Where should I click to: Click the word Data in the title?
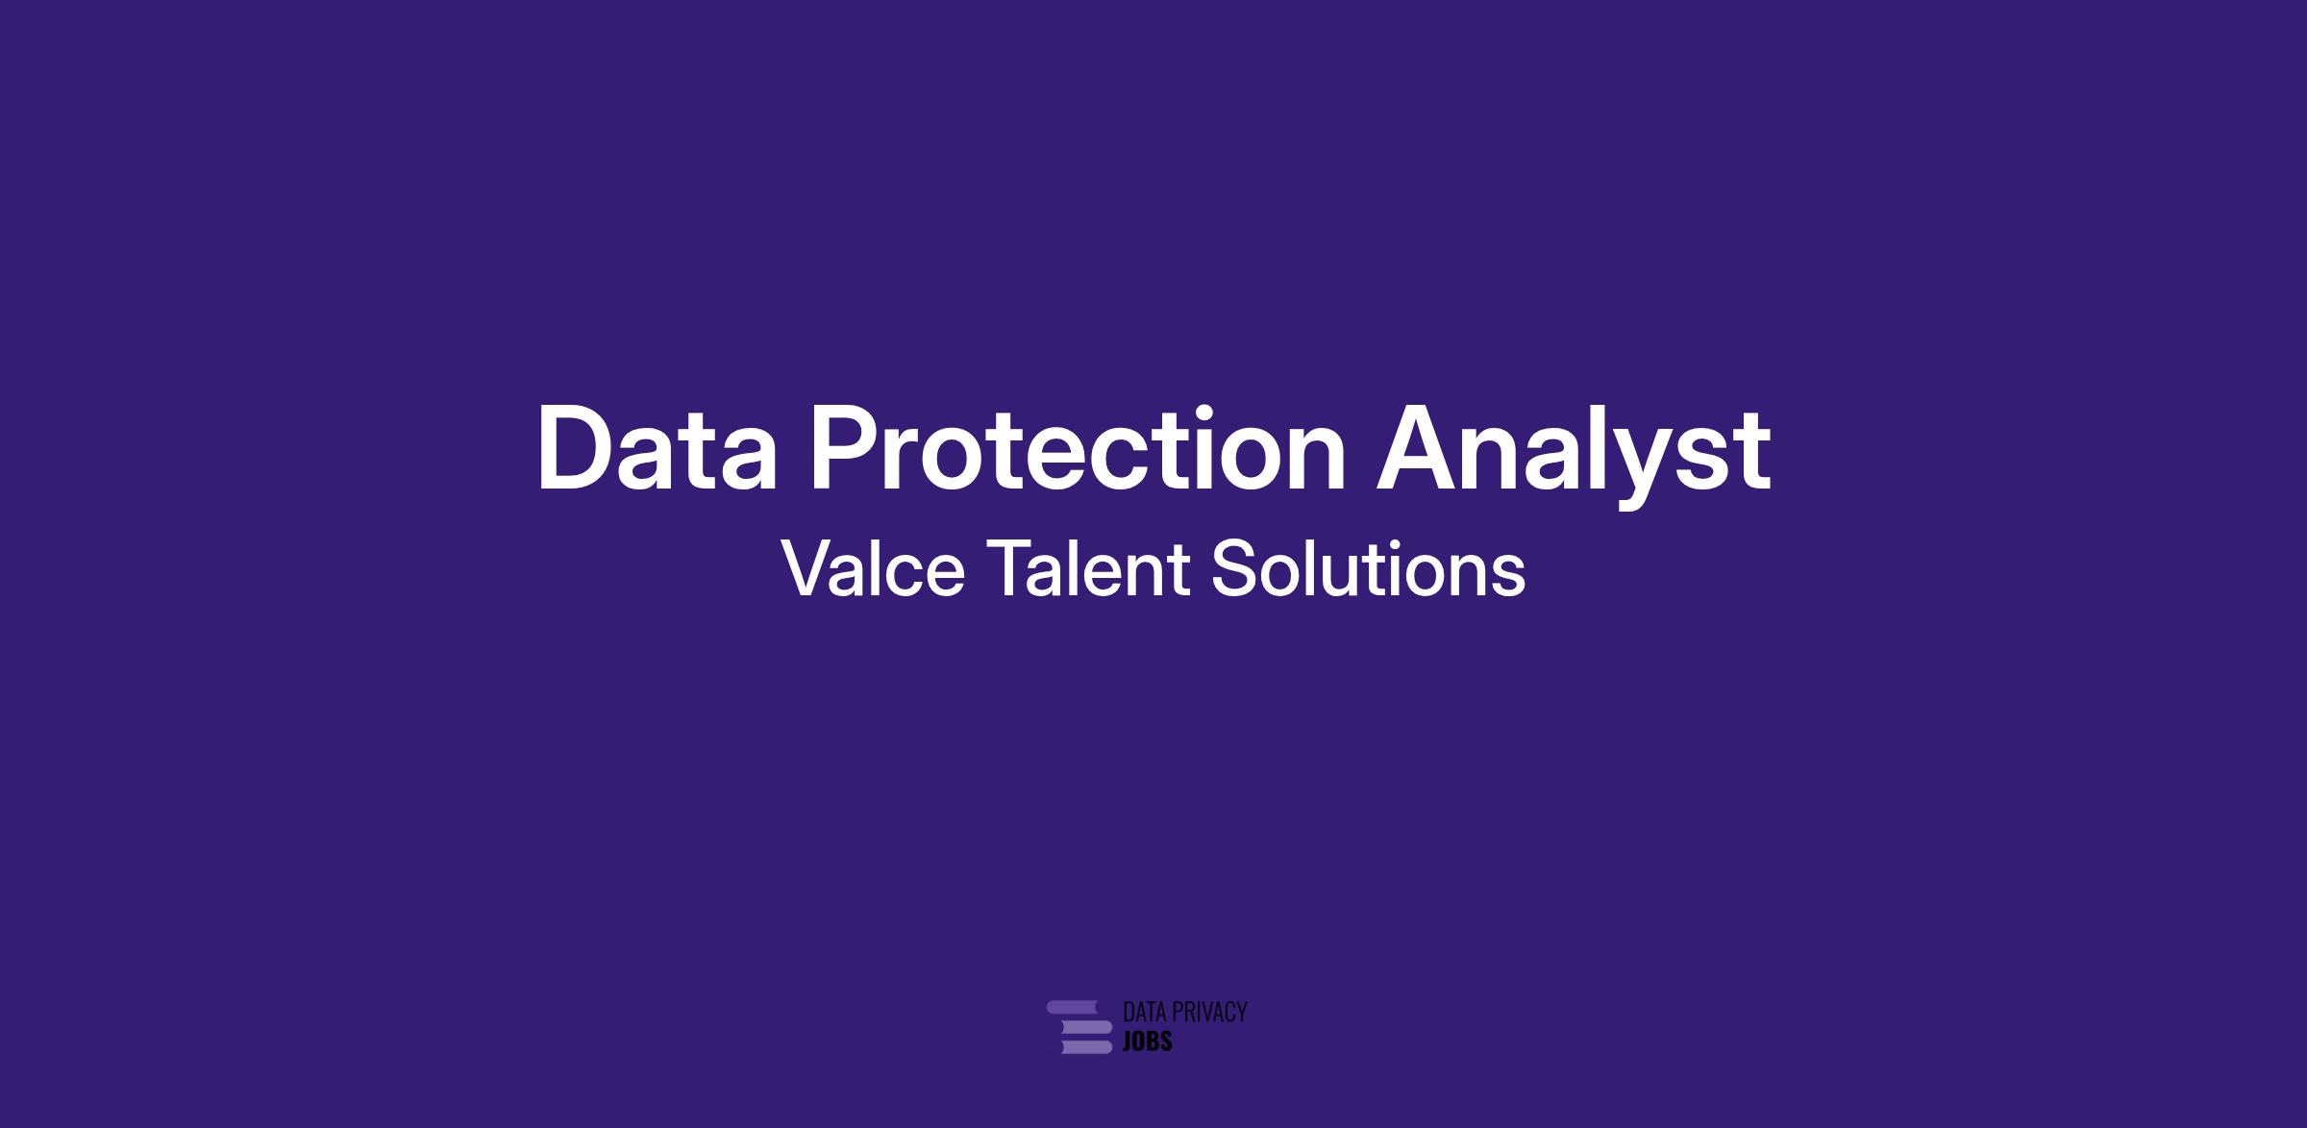coord(657,448)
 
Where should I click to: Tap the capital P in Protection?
coord(846,448)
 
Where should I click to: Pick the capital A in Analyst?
coord(1416,448)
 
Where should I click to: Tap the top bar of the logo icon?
coord(1072,1007)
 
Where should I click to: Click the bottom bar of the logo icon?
coord(1085,1046)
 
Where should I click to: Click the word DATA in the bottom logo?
coord(1144,1012)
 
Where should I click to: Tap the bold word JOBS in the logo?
coord(1147,1041)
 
